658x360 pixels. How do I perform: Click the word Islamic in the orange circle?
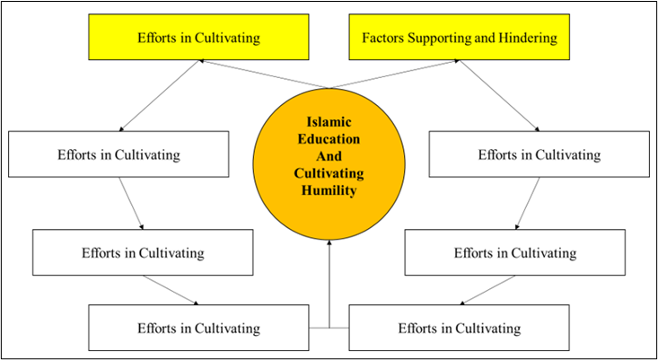[330, 125]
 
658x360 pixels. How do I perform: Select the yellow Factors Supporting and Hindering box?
[460, 39]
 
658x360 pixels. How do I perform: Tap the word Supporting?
[436, 39]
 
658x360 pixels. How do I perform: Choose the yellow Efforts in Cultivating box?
[199, 39]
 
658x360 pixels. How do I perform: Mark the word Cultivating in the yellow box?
[228, 39]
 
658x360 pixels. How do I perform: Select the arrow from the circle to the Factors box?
[395, 75]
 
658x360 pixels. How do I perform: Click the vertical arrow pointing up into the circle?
[330, 287]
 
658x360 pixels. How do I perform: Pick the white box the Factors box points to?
[539, 154]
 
